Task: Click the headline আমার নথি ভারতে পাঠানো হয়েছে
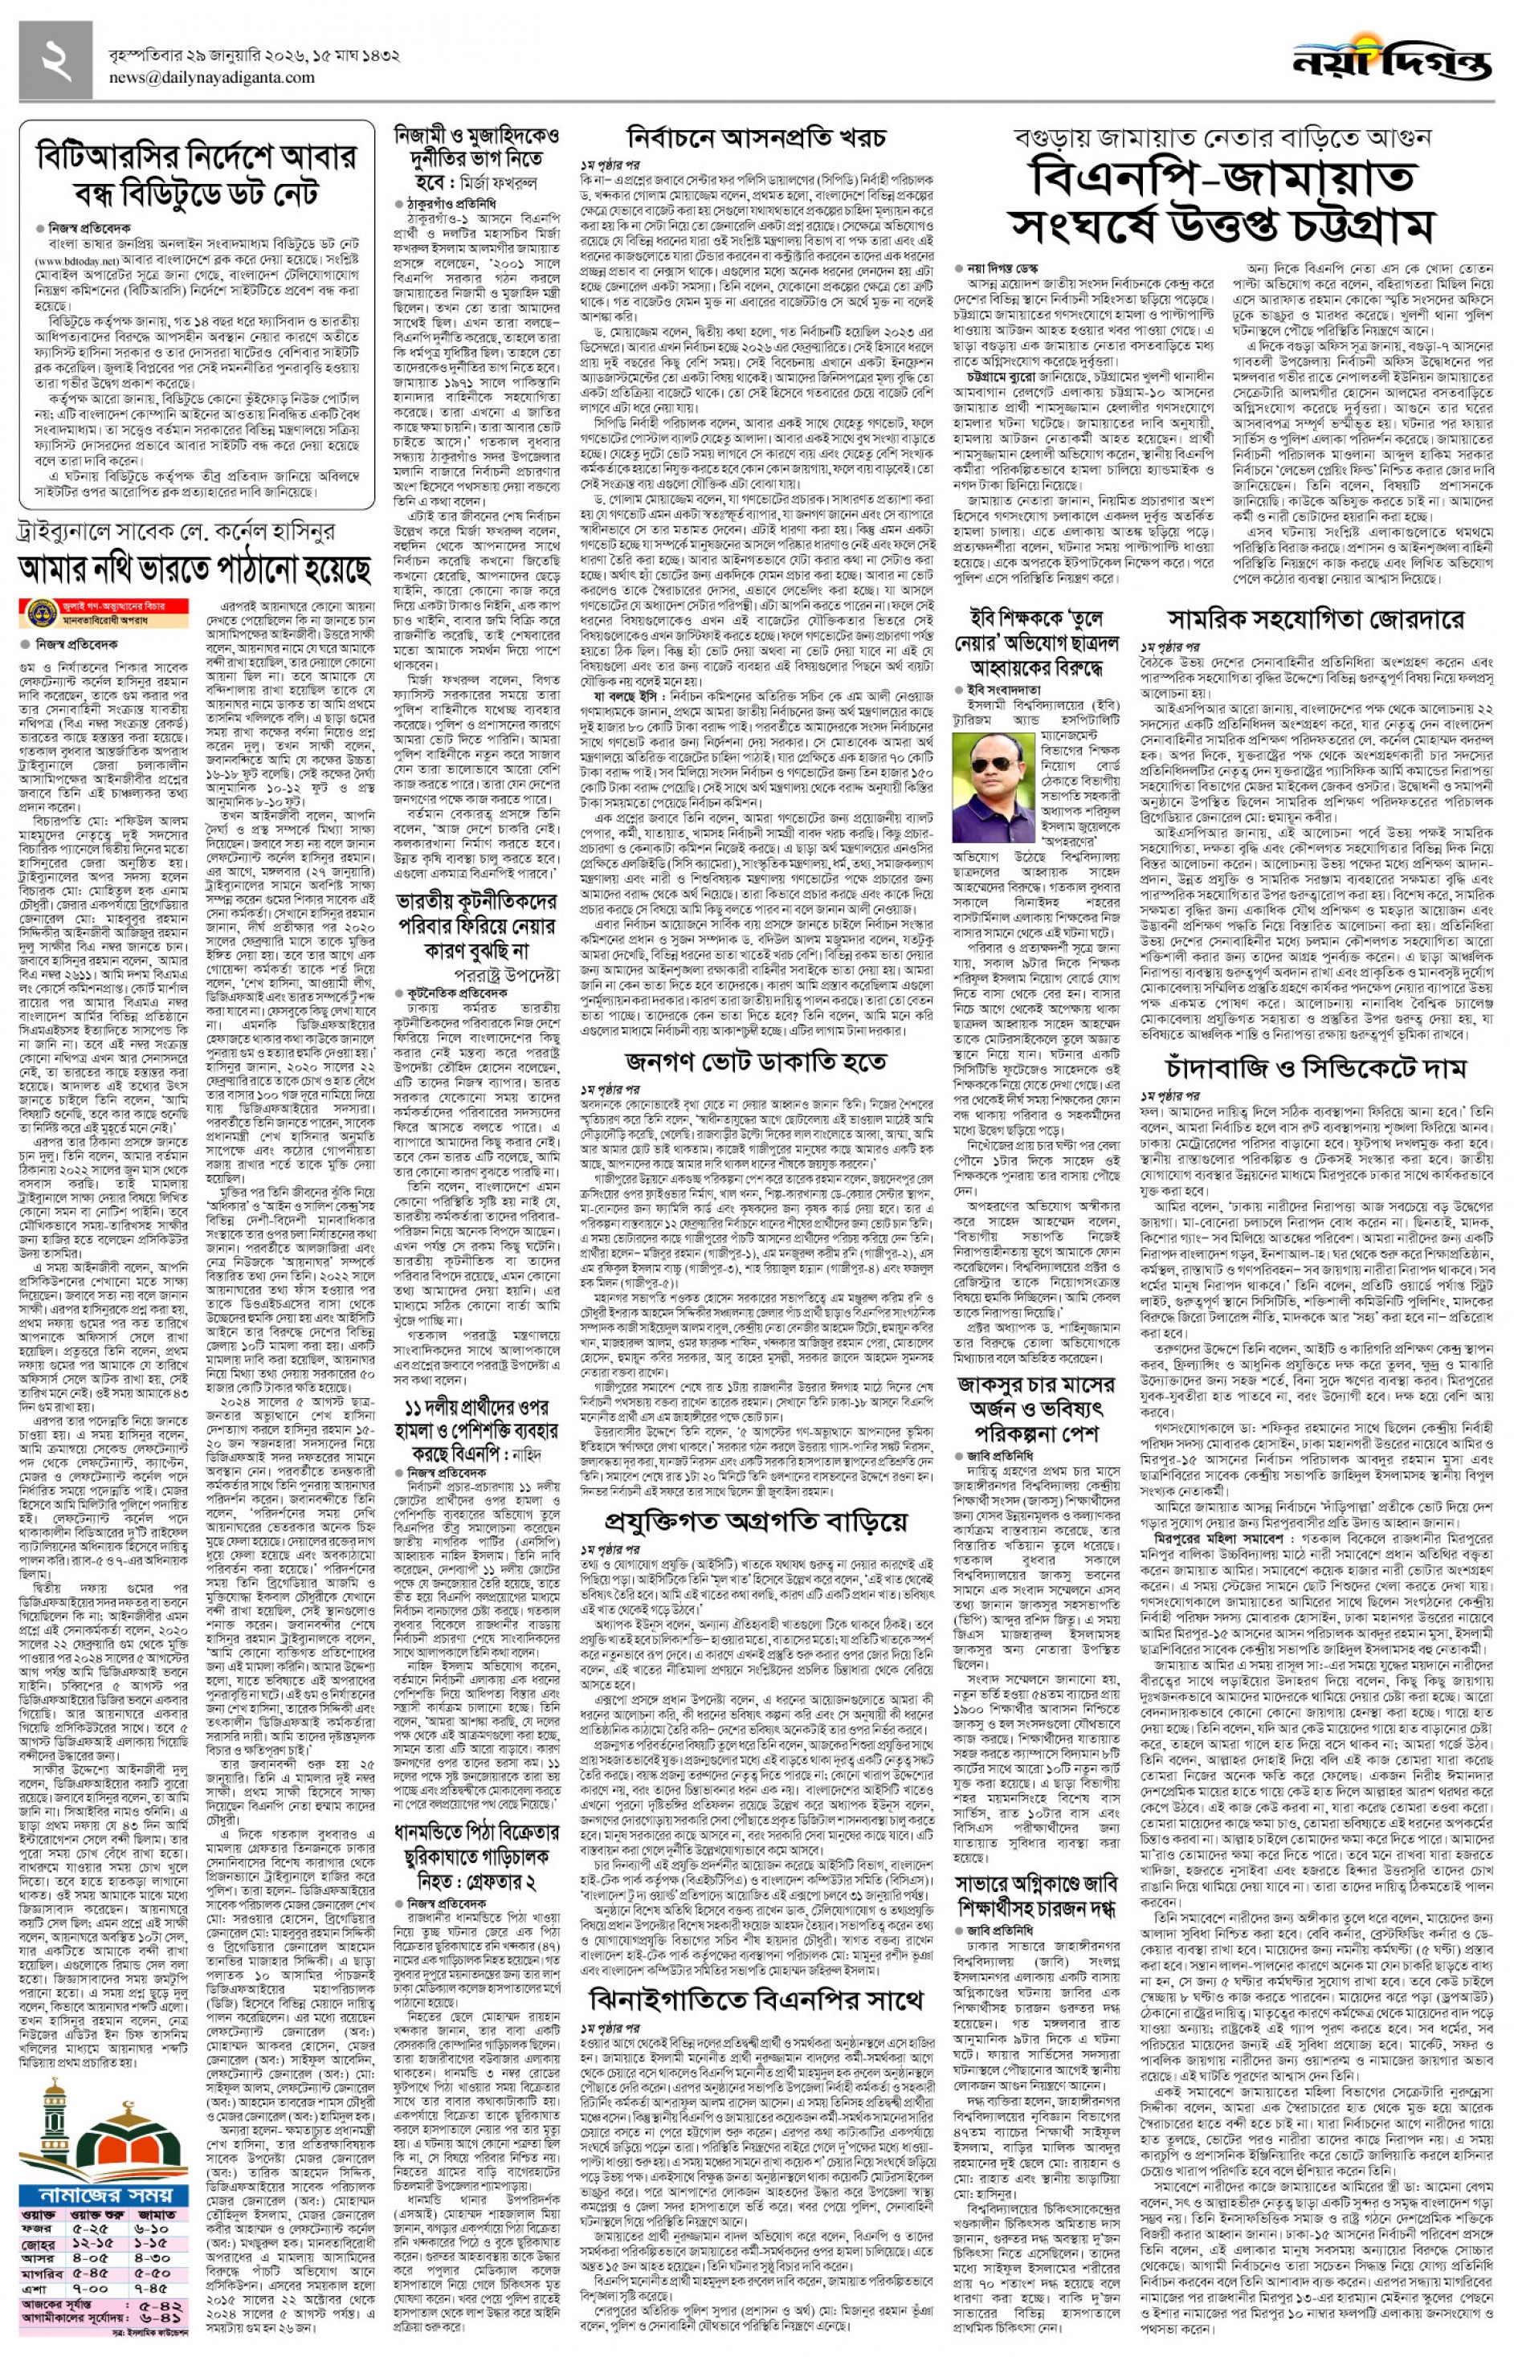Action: click(x=196, y=569)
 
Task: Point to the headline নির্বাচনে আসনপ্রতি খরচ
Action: click(x=756, y=137)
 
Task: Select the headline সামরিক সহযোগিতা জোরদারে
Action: click(x=1316, y=620)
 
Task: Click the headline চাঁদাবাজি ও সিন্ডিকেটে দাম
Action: click(x=1316, y=1067)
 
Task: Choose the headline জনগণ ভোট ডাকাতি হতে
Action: click(x=755, y=1062)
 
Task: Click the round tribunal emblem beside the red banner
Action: click(x=39, y=609)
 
